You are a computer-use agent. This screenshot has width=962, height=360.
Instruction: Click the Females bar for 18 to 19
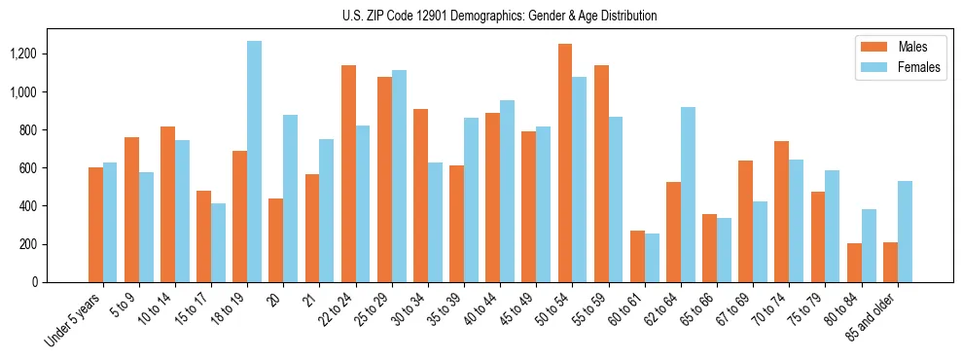[x=254, y=162]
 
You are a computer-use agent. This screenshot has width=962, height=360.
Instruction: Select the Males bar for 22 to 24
[x=348, y=174]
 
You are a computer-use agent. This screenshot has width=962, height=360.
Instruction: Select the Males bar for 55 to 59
[x=601, y=174]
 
